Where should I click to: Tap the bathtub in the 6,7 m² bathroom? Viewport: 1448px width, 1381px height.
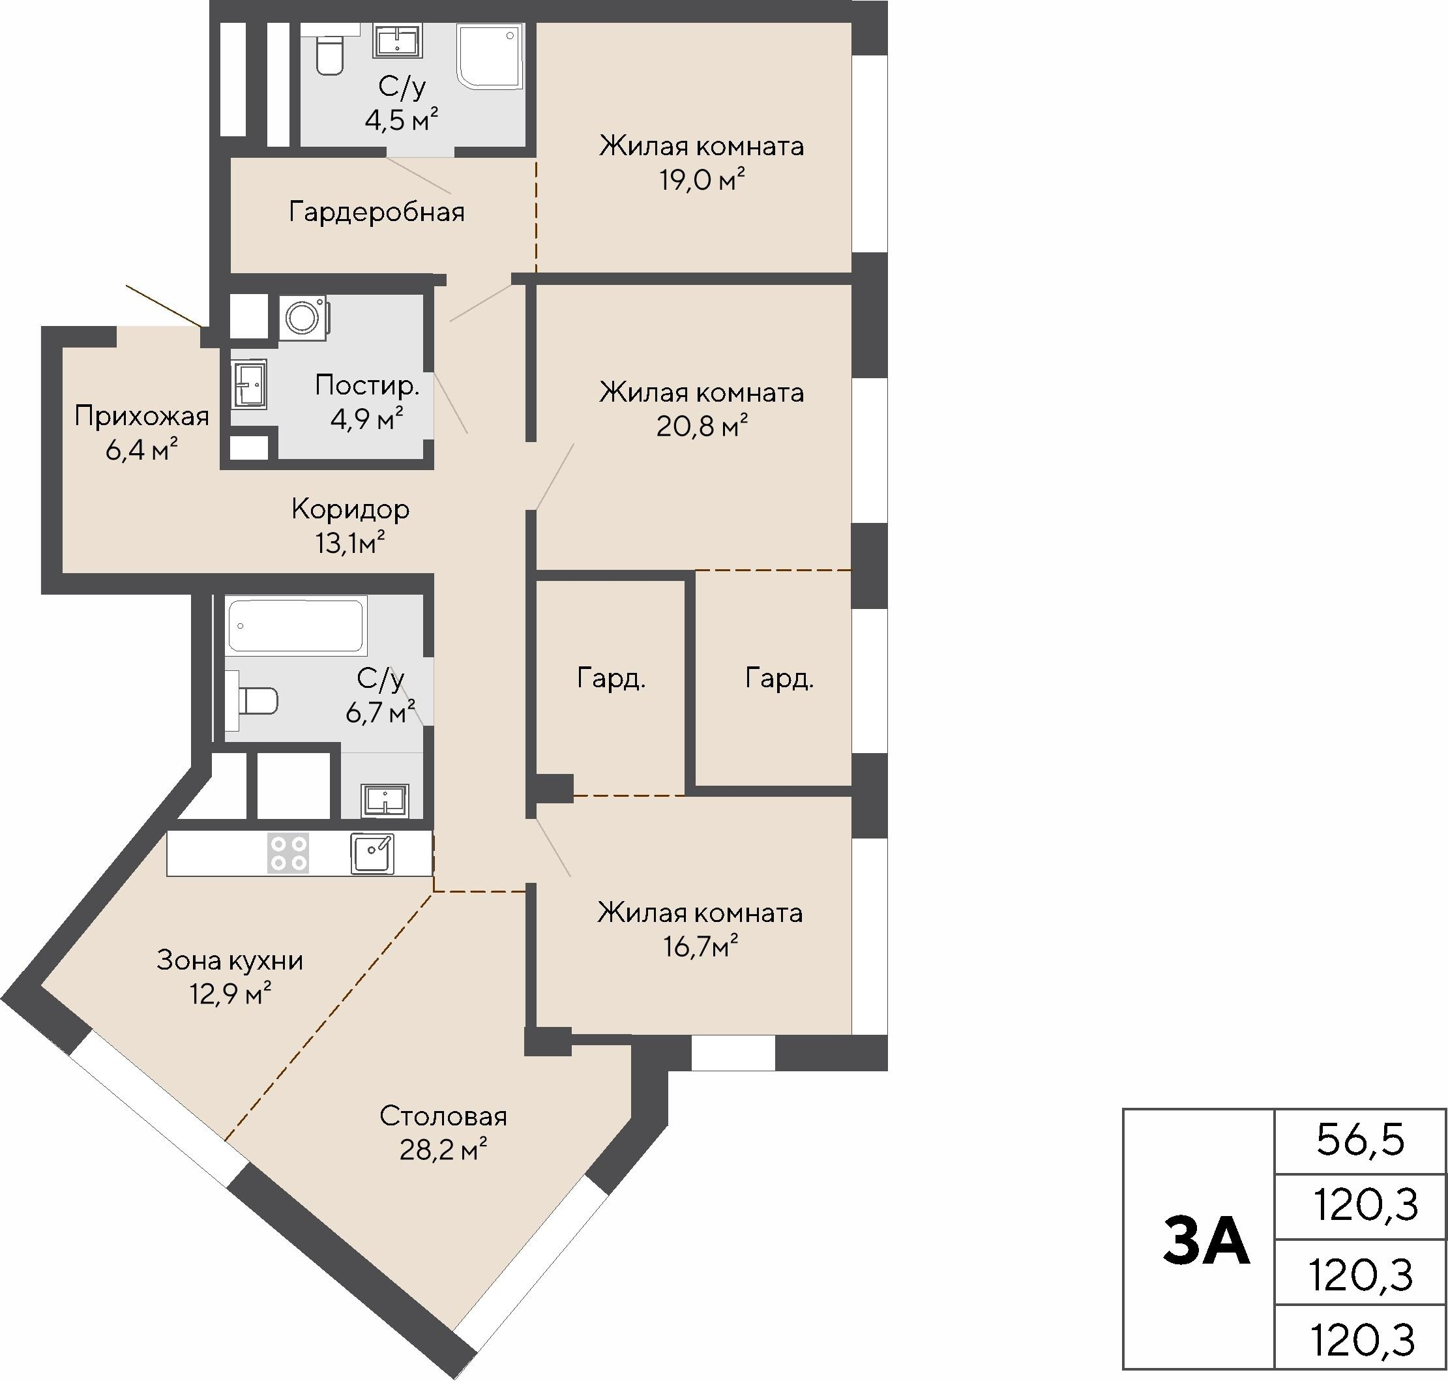click(296, 626)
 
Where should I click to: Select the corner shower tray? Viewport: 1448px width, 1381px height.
click(490, 56)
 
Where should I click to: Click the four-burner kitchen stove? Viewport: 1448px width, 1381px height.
click(289, 854)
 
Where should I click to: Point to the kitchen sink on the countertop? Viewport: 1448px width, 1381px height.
click(372, 854)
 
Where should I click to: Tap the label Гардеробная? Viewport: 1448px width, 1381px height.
click(377, 212)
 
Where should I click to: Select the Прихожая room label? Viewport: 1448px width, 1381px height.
click(142, 417)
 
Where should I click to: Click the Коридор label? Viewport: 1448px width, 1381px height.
click(350, 509)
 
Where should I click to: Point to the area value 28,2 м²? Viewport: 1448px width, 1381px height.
click(444, 1149)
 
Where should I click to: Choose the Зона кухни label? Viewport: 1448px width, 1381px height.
click(230, 960)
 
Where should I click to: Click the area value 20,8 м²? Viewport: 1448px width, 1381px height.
click(702, 426)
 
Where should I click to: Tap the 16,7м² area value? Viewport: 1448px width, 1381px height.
click(701, 946)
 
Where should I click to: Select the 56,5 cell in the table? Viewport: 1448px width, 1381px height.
click(1361, 1140)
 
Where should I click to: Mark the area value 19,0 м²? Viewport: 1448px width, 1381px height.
click(702, 179)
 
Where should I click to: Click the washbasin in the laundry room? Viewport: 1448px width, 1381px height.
click(249, 383)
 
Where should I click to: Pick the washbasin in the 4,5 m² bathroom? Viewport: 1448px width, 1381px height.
click(398, 40)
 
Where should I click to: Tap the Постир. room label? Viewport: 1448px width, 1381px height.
click(367, 385)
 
